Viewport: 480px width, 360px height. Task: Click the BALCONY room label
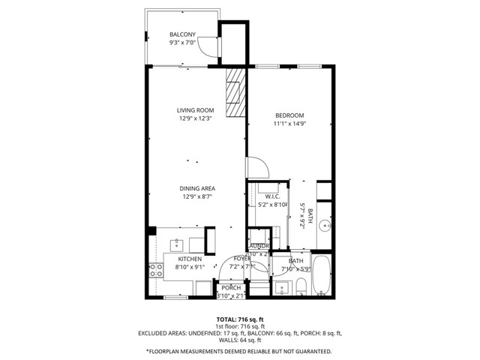[182, 35]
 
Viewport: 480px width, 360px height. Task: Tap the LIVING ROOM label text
[196, 110]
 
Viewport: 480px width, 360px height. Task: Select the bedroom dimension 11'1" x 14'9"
[289, 123]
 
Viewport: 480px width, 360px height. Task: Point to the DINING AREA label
[197, 188]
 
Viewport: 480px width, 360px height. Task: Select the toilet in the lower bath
[300, 286]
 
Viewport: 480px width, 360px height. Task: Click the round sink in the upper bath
[324, 224]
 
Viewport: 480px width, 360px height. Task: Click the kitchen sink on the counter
[178, 244]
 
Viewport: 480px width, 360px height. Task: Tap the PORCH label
[231, 288]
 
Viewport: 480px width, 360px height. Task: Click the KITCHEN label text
[190, 259]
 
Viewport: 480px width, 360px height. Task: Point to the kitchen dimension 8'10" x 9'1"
[190, 267]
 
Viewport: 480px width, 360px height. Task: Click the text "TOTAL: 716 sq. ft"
[239, 319]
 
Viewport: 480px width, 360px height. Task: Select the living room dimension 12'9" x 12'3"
[196, 118]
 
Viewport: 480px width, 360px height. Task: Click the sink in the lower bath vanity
[279, 286]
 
